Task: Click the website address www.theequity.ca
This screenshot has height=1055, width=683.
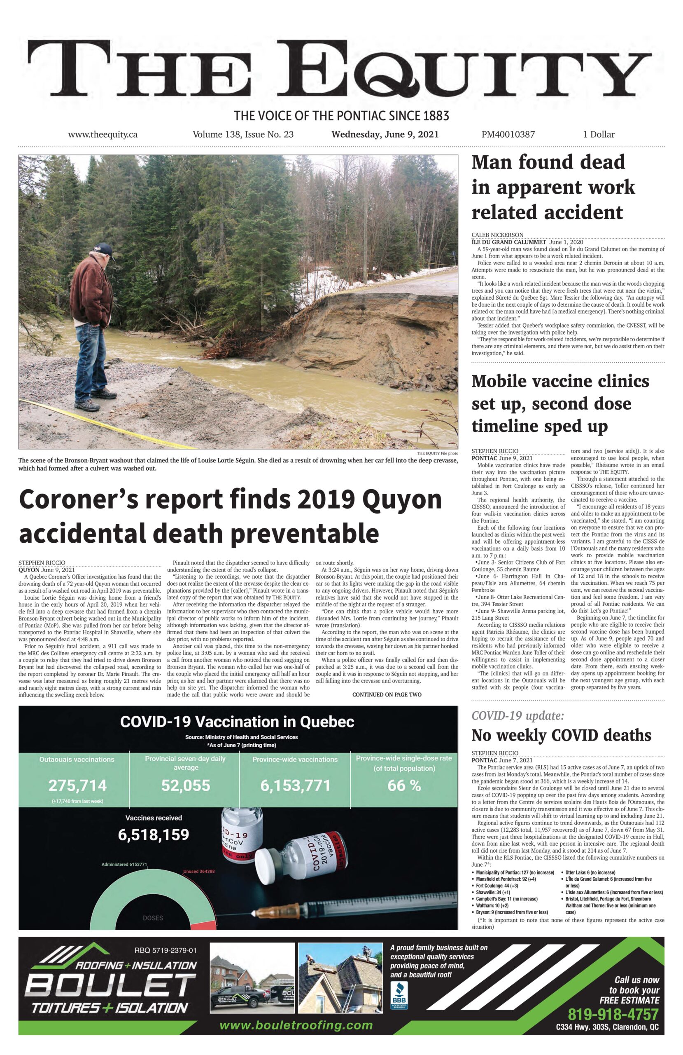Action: (103, 134)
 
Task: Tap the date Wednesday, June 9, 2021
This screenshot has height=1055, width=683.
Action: (385, 134)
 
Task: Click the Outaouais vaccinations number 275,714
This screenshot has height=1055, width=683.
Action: (77, 786)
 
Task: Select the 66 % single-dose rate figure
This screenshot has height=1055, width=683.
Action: (403, 786)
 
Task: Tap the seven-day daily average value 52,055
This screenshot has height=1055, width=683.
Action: (186, 786)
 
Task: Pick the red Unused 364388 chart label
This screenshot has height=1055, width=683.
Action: (199, 872)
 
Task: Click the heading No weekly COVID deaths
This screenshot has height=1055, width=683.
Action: (561, 735)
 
